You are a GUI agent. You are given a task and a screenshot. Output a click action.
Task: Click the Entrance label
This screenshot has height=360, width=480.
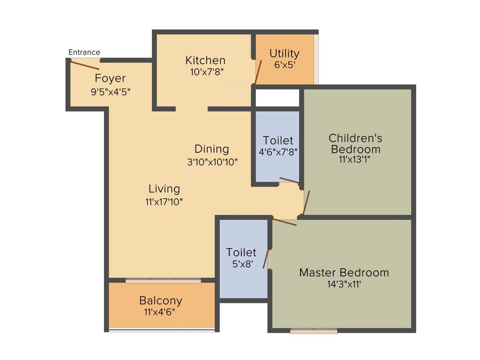tap(84, 52)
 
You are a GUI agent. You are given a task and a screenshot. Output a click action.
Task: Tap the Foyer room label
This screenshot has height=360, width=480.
tap(110, 78)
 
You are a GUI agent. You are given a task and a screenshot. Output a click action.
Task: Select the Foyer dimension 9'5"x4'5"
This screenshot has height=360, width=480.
tap(110, 92)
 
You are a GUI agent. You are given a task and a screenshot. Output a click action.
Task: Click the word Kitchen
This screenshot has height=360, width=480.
tap(205, 60)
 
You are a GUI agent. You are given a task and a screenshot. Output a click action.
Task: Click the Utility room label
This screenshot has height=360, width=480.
tap(284, 53)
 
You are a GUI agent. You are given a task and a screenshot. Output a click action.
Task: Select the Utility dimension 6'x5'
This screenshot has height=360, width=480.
tap(284, 65)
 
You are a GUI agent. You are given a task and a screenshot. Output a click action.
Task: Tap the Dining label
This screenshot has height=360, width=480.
tap(212, 149)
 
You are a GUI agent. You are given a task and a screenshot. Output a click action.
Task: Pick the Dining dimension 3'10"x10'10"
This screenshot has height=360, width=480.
tap(212, 162)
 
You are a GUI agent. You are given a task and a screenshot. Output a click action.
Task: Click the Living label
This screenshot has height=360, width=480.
tap(164, 189)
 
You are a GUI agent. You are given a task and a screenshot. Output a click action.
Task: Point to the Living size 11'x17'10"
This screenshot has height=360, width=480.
tap(164, 202)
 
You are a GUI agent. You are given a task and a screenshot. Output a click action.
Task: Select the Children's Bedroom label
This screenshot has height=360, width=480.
tap(355, 143)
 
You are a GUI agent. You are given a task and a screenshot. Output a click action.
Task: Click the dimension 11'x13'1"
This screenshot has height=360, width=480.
tap(355, 160)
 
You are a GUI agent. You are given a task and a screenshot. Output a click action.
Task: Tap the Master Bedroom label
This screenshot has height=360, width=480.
tap(344, 272)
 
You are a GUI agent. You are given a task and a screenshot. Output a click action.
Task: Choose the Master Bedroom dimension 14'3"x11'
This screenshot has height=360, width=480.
tap(344, 284)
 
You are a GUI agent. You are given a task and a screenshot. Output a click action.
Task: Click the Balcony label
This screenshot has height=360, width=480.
tap(160, 300)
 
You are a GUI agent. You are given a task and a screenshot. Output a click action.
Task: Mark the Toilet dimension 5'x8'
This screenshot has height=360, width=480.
tap(243, 264)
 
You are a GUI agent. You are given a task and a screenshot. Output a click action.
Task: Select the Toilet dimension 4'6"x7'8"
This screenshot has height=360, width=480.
tap(278, 152)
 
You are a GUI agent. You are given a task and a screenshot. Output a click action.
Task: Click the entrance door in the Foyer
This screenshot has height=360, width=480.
tap(84, 65)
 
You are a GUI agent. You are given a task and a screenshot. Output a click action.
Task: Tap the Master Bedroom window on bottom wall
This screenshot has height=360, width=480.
tap(314, 331)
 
